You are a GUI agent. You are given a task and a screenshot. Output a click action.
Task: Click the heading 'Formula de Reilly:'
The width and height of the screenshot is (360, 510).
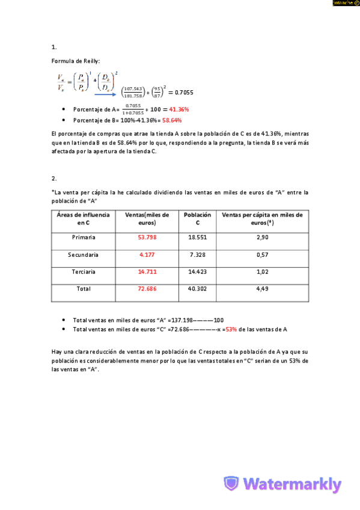pyautogui.click(x=76, y=61)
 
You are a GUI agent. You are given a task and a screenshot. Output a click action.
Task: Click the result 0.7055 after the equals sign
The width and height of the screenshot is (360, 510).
pyautogui.click(x=180, y=92)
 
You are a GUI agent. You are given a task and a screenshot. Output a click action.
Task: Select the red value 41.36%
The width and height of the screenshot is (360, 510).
pyautogui.click(x=178, y=109)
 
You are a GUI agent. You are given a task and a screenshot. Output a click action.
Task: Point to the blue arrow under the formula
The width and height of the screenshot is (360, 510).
pyautogui.click(x=105, y=93)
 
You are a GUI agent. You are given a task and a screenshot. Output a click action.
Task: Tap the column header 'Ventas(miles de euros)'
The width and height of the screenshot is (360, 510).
pyautogui.click(x=147, y=218)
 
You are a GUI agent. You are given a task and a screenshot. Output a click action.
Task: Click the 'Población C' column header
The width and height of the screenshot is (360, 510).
pyautogui.click(x=197, y=218)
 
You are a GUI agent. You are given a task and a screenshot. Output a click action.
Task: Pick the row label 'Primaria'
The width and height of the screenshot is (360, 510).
pyautogui.click(x=84, y=238)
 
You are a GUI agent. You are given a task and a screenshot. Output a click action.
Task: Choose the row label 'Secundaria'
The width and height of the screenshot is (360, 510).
pyautogui.click(x=84, y=255)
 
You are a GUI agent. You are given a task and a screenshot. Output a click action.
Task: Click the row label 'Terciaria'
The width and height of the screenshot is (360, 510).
pyautogui.click(x=84, y=272)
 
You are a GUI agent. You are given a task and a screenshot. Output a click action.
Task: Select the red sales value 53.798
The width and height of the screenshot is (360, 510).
pyautogui.click(x=147, y=238)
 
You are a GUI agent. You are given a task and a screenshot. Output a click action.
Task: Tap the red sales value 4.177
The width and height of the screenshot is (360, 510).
pyautogui.click(x=147, y=255)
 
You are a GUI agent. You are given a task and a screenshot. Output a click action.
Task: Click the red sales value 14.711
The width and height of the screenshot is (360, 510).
pyautogui.click(x=147, y=272)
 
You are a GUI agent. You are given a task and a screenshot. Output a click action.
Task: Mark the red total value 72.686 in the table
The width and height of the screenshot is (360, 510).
pyautogui.click(x=147, y=289)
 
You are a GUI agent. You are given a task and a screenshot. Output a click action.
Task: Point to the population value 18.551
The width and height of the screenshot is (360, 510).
pyautogui.click(x=197, y=238)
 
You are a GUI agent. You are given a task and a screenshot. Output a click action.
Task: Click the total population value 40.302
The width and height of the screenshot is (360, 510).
pyautogui.click(x=197, y=289)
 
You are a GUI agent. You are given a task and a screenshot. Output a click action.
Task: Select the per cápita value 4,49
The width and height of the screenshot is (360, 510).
pyautogui.click(x=262, y=289)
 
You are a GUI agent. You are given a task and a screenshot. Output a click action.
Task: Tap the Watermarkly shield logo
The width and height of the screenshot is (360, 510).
pyautogui.click(x=231, y=484)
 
